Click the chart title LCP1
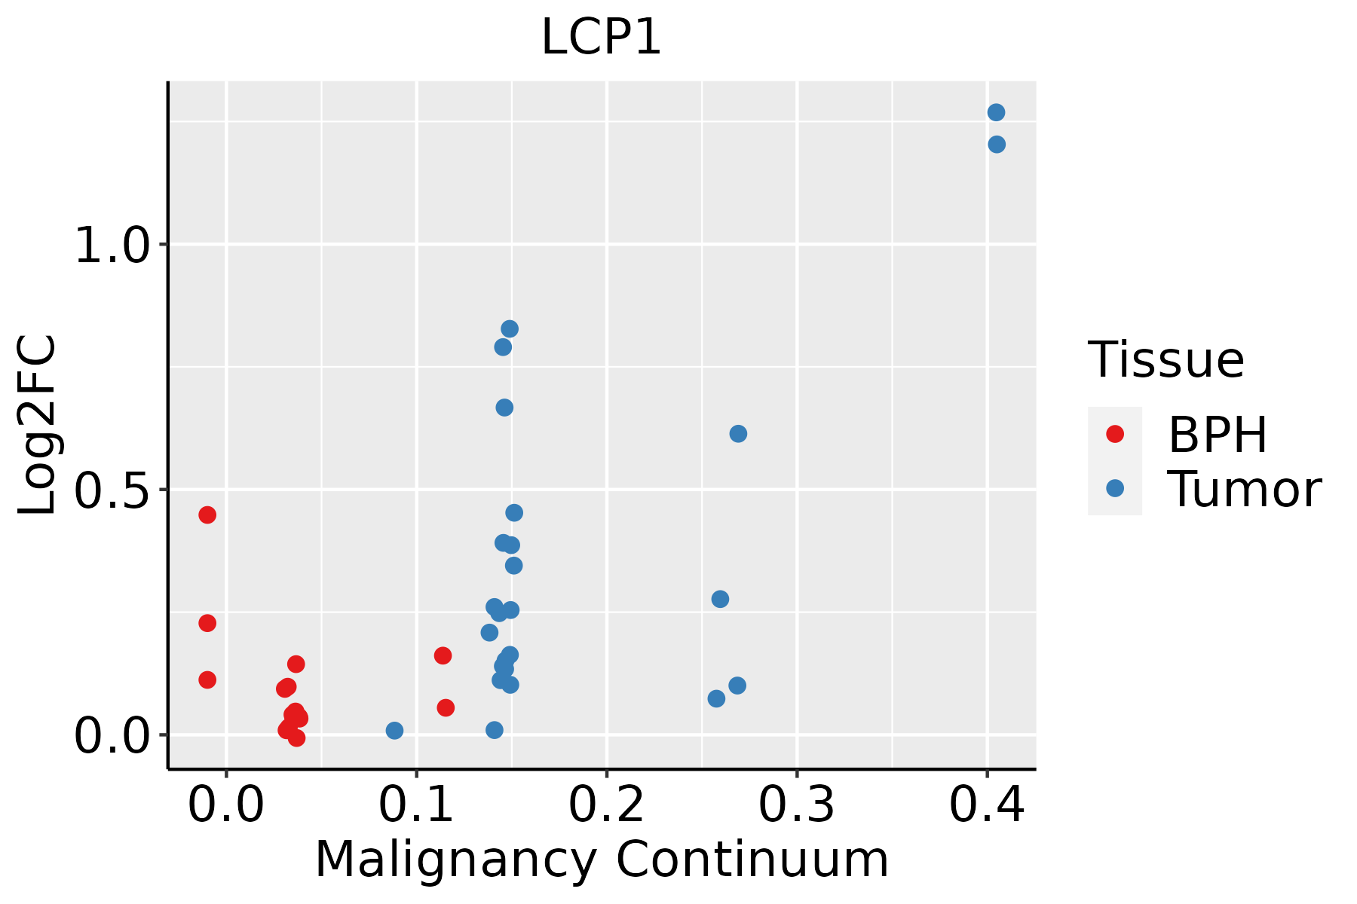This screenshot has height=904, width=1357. tap(601, 38)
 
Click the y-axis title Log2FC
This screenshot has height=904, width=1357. tap(38, 426)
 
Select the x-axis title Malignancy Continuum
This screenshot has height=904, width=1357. tap(601, 860)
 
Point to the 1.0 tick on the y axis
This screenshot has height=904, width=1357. tap(113, 245)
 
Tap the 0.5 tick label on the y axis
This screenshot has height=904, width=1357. tap(113, 490)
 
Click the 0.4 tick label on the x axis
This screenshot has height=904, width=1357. tap(986, 805)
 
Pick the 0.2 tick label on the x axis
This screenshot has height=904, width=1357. tap(606, 805)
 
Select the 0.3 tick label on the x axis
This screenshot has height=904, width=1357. tap(796, 805)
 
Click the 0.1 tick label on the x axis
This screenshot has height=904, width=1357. tap(416, 805)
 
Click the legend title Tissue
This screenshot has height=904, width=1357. tap(1166, 360)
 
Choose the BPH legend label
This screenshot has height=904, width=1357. tap(1218, 435)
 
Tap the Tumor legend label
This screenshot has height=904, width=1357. tap(1244, 489)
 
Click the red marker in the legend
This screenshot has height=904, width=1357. tap(1114, 434)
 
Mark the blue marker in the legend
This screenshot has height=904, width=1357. tap(1114, 488)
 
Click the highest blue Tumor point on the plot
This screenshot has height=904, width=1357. tap(996, 112)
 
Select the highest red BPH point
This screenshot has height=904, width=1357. tap(207, 515)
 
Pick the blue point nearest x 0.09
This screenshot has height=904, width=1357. tap(394, 730)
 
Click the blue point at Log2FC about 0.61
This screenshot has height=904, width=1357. tap(738, 433)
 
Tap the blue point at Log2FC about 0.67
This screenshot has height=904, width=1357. tap(504, 408)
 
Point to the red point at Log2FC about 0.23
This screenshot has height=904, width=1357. tap(207, 623)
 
